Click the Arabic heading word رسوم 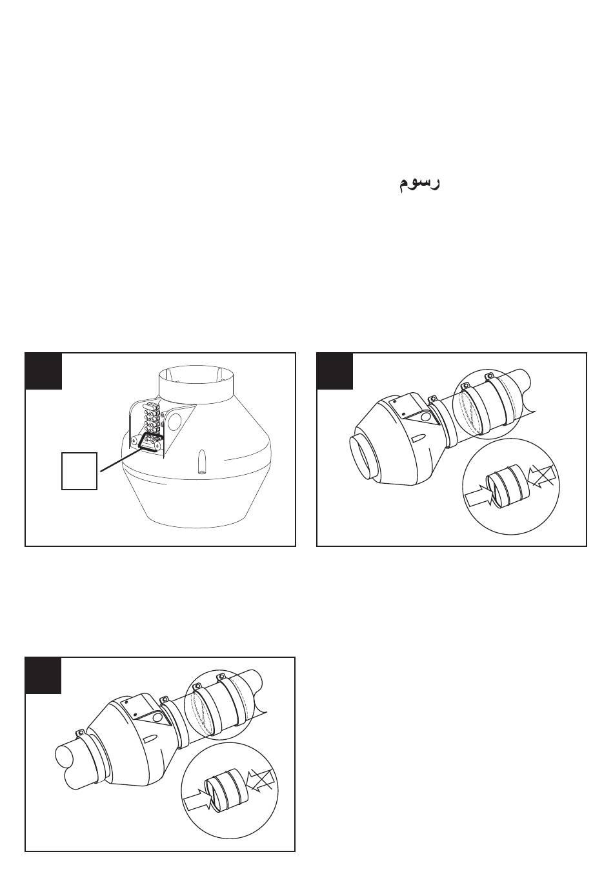click(x=419, y=183)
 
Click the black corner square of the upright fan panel click(x=43, y=371)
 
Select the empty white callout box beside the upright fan click(x=79, y=471)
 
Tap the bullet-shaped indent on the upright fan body click(x=202, y=463)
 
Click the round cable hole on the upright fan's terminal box click(x=175, y=420)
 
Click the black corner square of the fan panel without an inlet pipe click(x=335, y=371)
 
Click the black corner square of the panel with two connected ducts click(x=43, y=675)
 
